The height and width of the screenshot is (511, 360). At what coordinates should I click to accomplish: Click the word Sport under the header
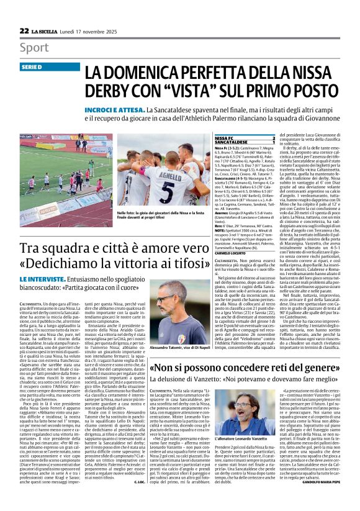coord(34,48)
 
